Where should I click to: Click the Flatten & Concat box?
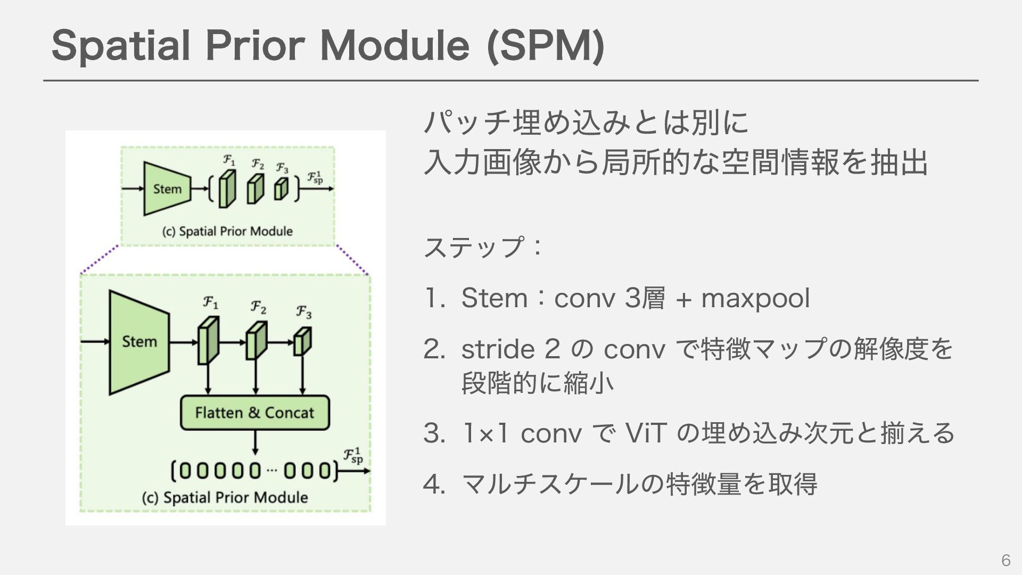click(254, 413)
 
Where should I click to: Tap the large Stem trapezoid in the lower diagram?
click(139, 342)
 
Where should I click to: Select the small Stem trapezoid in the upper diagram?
click(167, 189)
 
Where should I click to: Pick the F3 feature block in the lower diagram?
click(302, 341)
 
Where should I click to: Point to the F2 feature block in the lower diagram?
click(256, 341)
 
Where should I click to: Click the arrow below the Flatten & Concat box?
click(256, 442)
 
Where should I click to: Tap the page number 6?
click(1005, 560)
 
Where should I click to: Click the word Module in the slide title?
click(394, 46)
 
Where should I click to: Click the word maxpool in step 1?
click(755, 298)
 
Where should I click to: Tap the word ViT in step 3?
click(645, 433)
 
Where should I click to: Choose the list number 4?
click(433, 484)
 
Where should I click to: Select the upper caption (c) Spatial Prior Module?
click(227, 232)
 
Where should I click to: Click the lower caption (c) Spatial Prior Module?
click(225, 497)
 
